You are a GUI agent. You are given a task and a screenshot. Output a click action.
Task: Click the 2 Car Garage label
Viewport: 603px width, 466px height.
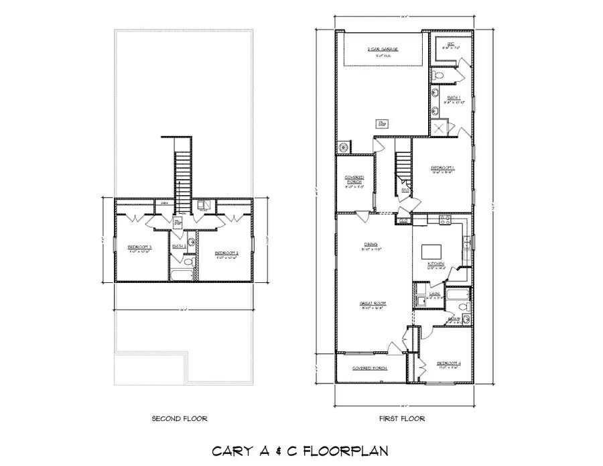[x=383, y=50]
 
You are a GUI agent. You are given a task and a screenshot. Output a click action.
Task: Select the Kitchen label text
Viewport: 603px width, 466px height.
[x=436, y=264]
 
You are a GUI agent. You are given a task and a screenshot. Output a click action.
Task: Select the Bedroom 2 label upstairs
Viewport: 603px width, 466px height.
[x=226, y=253]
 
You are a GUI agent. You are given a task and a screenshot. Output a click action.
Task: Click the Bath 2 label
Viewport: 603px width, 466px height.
[x=179, y=246]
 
